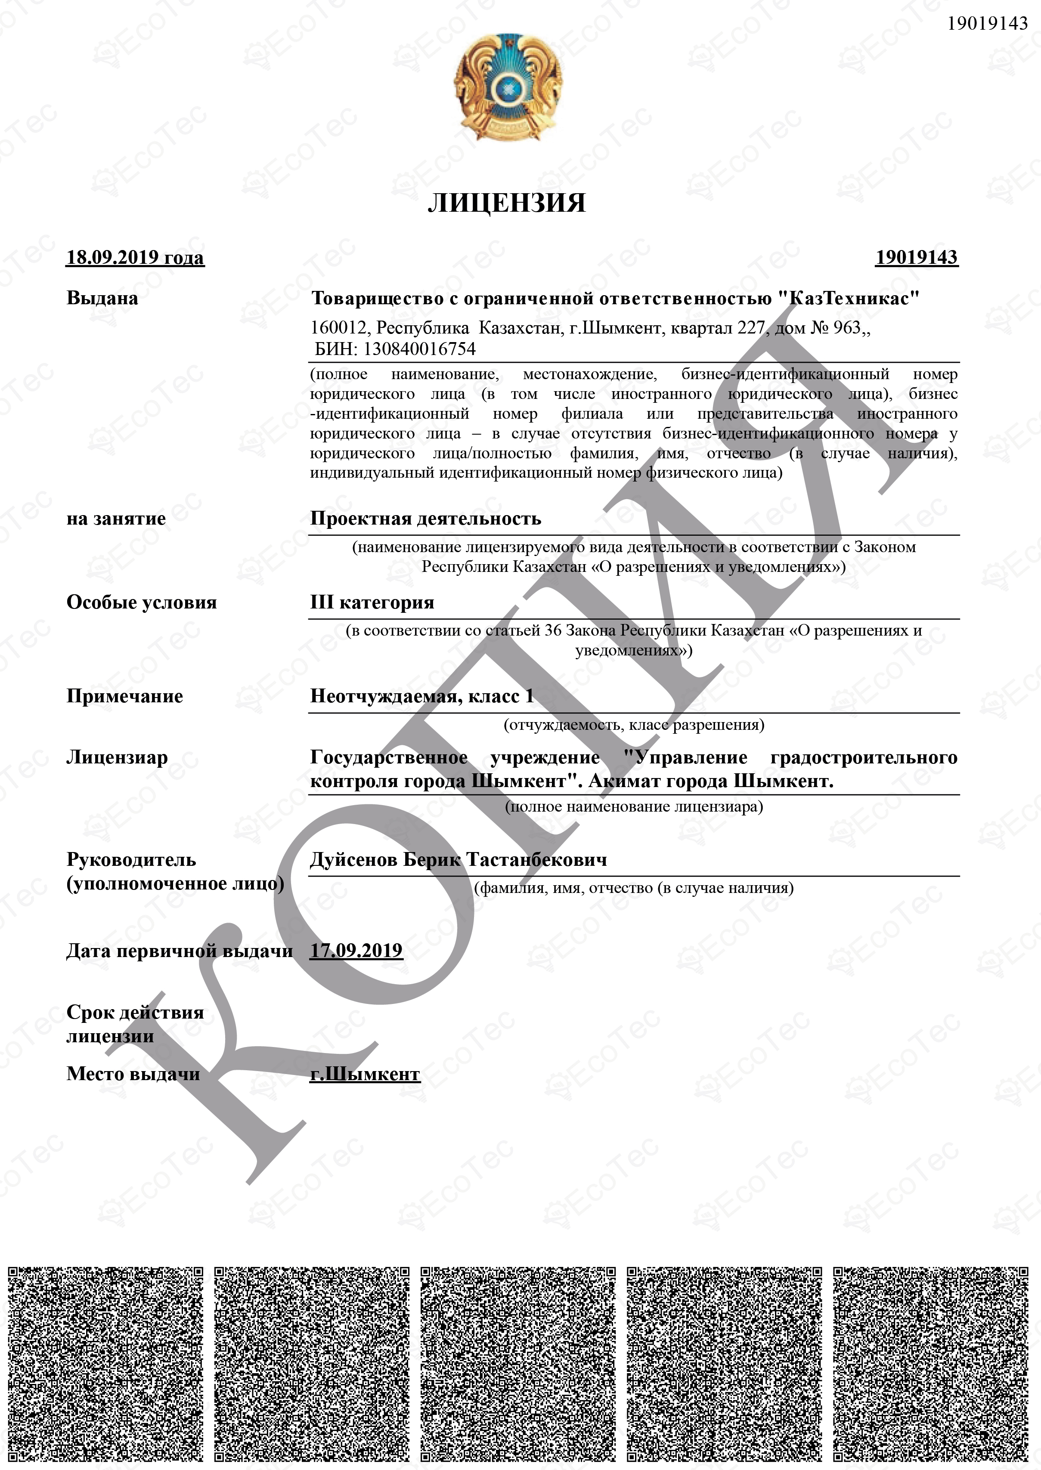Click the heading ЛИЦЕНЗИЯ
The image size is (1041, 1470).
(x=506, y=203)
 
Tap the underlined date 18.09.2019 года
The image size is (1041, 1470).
(x=135, y=258)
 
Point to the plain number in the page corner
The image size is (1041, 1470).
(x=987, y=24)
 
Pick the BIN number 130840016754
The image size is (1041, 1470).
(x=419, y=349)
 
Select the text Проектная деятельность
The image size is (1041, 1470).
(x=426, y=519)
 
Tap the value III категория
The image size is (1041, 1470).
(x=372, y=602)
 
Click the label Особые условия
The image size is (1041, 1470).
(x=142, y=602)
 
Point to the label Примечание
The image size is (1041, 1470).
(x=124, y=697)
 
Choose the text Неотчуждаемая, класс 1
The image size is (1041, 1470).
(x=422, y=697)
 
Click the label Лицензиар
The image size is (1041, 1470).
(x=117, y=757)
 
